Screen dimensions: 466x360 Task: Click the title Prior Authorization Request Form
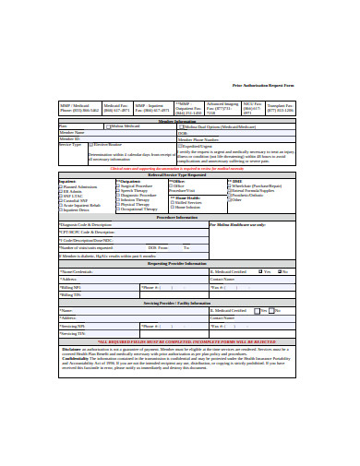click(x=265, y=85)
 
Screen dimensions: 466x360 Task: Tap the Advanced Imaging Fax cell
click(x=222, y=108)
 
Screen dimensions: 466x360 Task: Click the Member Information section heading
click(x=179, y=120)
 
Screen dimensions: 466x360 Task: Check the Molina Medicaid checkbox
click(x=106, y=125)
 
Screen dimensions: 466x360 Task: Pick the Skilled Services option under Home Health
click(x=173, y=200)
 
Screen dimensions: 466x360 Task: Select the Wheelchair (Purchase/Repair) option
click(x=222, y=185)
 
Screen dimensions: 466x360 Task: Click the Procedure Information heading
click(x=179, y=218)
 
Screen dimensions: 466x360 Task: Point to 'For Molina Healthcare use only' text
click(x=237, y=224)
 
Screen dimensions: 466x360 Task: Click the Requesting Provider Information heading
click(x=179, y=263)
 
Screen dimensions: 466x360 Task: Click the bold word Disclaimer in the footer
click(x=72, y=349)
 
